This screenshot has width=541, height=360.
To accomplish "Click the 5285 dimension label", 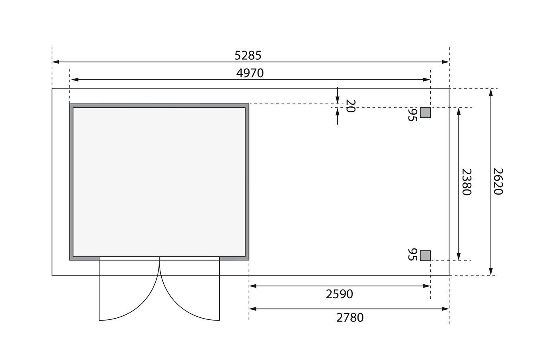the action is (x=248, y=55).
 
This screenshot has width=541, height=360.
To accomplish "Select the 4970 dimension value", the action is (x=250, y=73).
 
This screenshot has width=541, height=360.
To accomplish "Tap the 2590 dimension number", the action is (x=339, y=294).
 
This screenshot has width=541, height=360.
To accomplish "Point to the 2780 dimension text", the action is (x=350, y=317).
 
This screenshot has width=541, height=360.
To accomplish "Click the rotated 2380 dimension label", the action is (x=467, y=182).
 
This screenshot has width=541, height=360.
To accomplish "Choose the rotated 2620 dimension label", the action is (x=498, y=182).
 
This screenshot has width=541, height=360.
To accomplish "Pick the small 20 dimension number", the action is (x=350, y=106).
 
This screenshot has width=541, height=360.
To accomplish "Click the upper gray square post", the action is (x=425, y=113).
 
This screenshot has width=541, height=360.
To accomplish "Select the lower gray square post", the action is (x=425, y=256).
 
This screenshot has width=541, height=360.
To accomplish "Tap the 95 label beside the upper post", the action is (x=412, y=115).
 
